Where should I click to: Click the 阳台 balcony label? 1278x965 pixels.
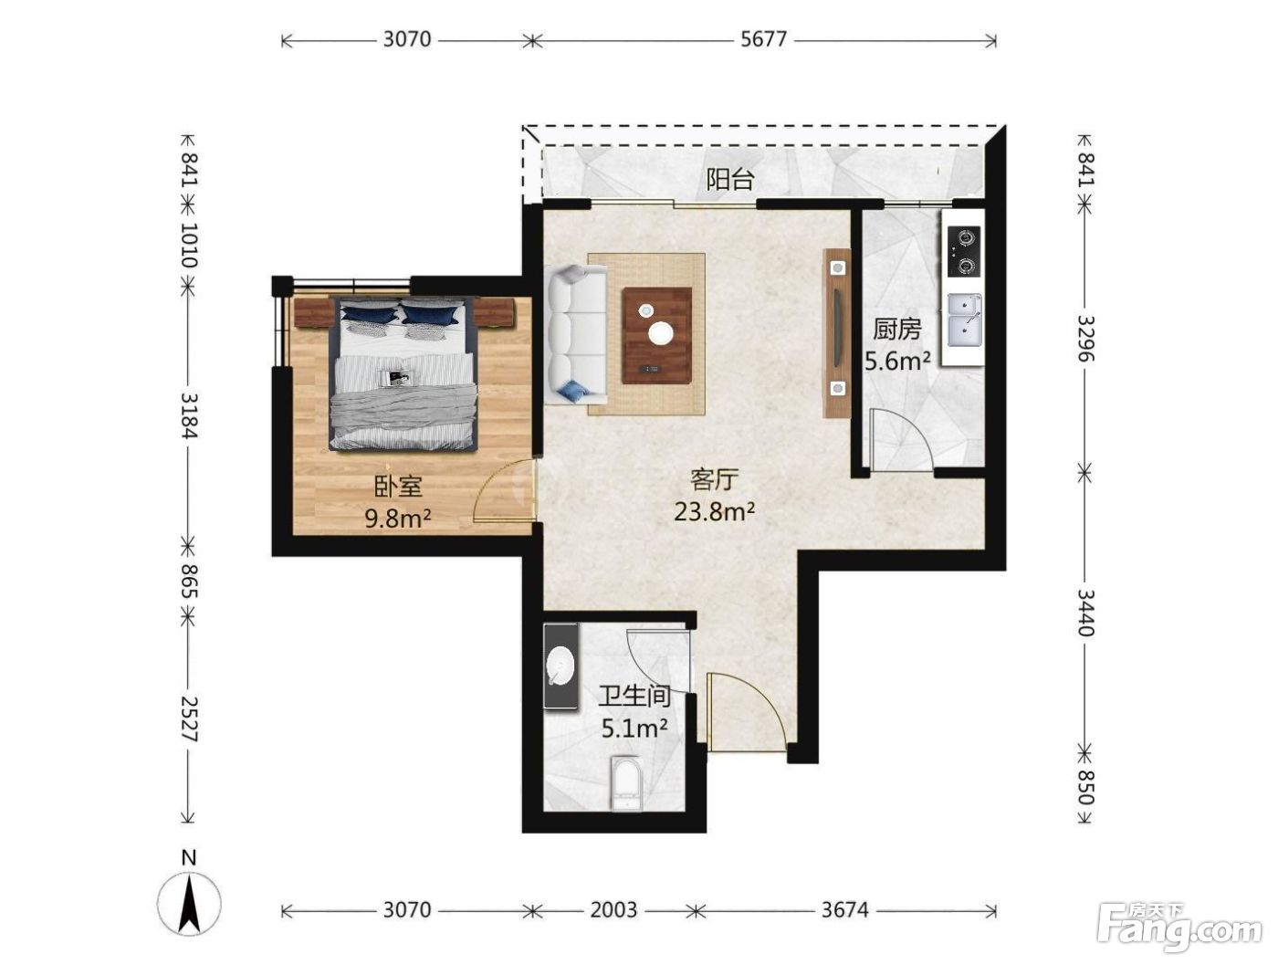(730, 179)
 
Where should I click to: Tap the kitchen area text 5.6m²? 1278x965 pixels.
(896, 362)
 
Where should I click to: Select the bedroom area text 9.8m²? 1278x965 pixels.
(398, 518)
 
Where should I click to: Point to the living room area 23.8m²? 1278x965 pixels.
(715, 511)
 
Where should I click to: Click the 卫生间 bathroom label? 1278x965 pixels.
(634, 696)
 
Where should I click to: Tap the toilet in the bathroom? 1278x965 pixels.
(626, 782)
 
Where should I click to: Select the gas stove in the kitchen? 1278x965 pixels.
(964, 251)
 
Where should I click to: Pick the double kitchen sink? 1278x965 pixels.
(964, 320)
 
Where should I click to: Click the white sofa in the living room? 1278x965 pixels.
(575, 334)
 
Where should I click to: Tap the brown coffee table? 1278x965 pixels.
(656, 335)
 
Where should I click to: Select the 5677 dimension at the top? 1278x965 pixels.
(763, 39)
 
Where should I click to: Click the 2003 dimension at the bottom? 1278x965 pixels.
(613, 909)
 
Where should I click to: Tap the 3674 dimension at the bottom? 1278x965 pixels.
(844, 909)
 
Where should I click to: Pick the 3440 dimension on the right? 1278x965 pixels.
(1084, 614)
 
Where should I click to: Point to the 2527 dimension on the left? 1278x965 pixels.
(189, 719)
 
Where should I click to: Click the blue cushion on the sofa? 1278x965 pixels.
(571, 391)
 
